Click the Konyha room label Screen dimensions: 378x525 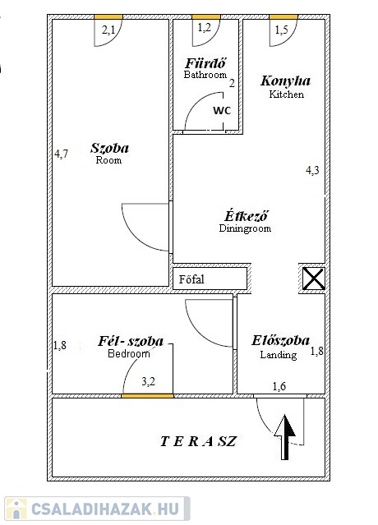[x=286, y=81]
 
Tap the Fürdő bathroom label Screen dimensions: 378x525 [x=206, y=63]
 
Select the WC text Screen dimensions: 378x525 [x=222, y=110]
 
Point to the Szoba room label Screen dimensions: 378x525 [x=109, y=148]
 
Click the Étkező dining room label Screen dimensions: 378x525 [x=246, y=216]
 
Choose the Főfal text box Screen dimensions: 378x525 [x=210, y=279]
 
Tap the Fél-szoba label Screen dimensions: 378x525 [x=131, y=341]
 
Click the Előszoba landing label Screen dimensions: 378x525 [x=280, y=340]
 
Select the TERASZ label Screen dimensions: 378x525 [x=198, y=441]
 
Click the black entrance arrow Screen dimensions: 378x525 [x=285, y=437]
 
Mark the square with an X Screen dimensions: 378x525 [x=313, y=279]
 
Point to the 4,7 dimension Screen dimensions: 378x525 [x=61, y=154]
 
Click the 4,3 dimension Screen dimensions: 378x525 [x=312, y=170]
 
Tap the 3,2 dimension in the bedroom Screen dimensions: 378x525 [x=148, y=381]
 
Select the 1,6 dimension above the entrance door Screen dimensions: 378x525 [x=279, y=386]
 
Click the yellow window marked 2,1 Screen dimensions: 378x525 [x=108, y=16]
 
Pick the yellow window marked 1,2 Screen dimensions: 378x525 [x=206, y=16]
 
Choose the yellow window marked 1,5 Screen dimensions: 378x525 [x=283, y=16]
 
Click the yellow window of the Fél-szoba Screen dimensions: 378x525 [x=147, y=396]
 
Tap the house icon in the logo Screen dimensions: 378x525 [x=16, y=509]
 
